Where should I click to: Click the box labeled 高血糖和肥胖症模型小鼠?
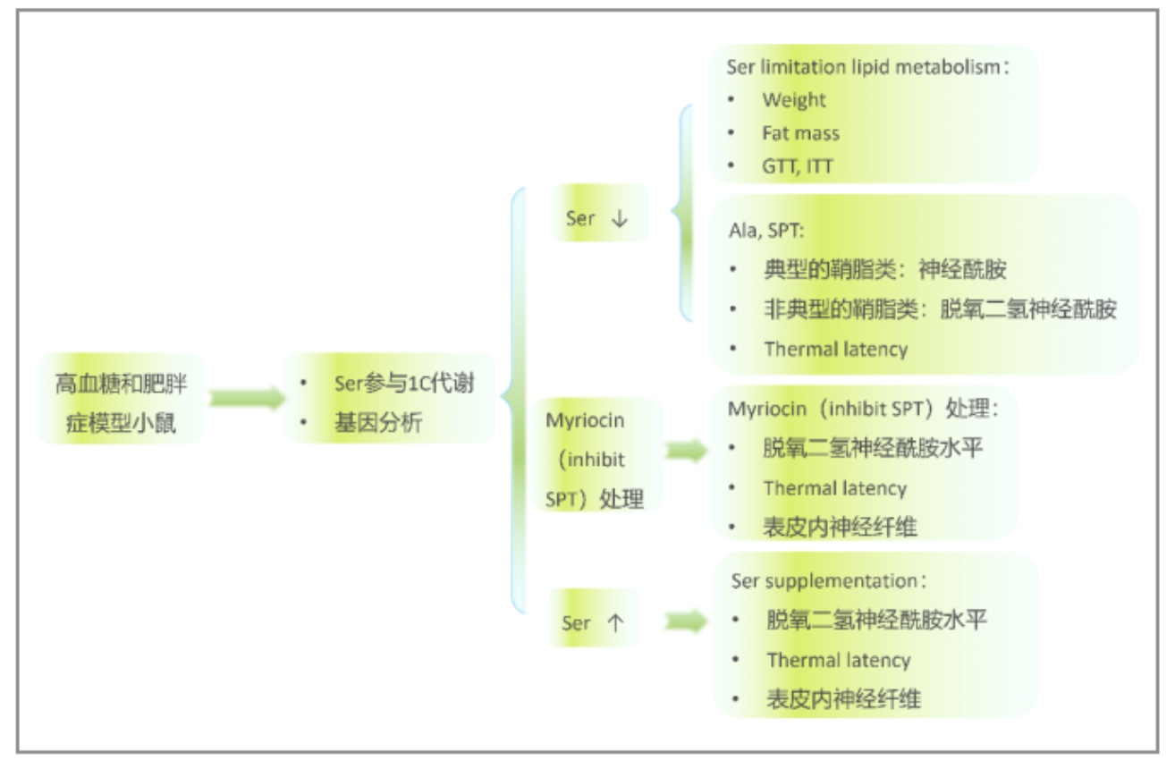pyautogui.click(x=122, y=399)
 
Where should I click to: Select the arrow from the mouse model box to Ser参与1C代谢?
pyautogui.click(x=247, y=398)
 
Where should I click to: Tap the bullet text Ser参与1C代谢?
pyautogui.click(x=404, y=383)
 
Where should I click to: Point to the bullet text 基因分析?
pyautogui.click(x=378, y=422)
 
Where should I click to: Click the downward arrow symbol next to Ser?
pyautogui.click(x=620, y=218)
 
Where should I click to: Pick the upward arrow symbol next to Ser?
pyautogui.click(x=615, y=623)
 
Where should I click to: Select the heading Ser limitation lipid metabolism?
pyautogui.click(x=867, y=67)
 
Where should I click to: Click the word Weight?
pyautogui.click(x=794, y=99)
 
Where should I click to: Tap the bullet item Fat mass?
pyautogui.click(x=800, y=133)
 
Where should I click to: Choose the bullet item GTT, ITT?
pyautogui.click(x=798, y=166)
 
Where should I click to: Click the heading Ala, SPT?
pyautogui.click(x=765, y=231)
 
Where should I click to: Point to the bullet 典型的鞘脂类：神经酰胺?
pyautogui.click(x=885, y=270)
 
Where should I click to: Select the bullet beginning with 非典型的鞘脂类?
pyautogui.click(x=940, y=309)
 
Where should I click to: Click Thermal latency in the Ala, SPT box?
pyautogui.click(x=835, y=349)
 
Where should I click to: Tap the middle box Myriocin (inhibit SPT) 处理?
pyautogui.click(x=596, y=455)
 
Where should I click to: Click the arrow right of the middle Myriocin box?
pyautogui.click(x=686, y=450)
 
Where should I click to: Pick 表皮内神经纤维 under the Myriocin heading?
pyautogui.click(x=840, y=527)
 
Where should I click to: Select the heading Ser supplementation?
pyautogui.click(x=829, y=580)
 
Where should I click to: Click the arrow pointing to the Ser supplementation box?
pyautogui.click(x=686, y=621)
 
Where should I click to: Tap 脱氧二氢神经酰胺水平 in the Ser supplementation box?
pyautogui.click(x=876, y=620)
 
